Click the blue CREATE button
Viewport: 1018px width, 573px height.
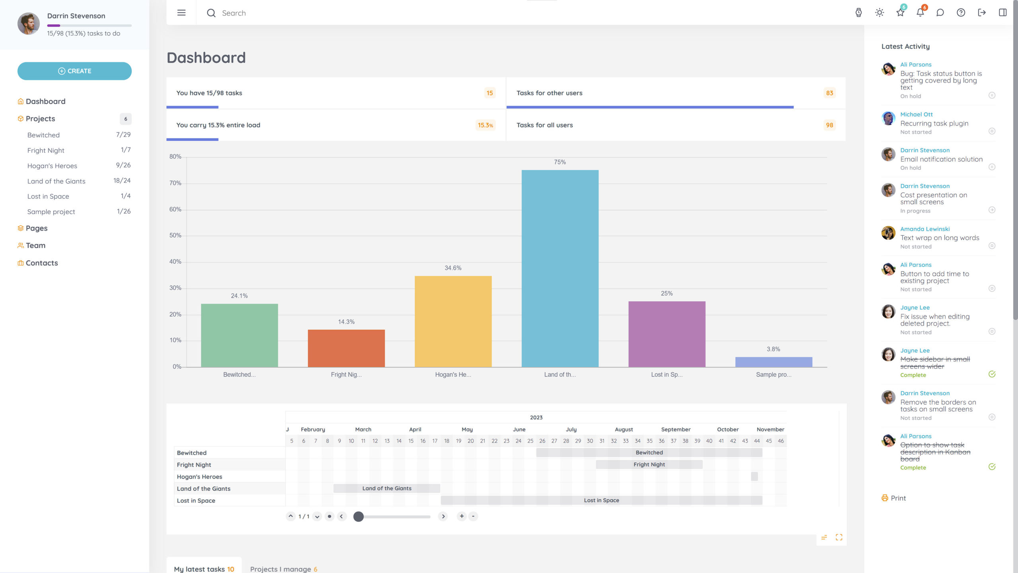74,71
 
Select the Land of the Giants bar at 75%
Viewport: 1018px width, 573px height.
560,269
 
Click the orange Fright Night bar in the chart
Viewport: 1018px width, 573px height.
346,348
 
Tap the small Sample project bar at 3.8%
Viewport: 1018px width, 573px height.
773,362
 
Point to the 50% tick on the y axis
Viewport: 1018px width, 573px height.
175,236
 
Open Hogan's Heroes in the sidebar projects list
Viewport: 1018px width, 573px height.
52,166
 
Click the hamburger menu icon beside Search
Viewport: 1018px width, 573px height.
181,13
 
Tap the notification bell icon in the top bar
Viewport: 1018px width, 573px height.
920,13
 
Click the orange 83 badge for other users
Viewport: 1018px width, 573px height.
829,93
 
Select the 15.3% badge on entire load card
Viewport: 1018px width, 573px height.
485,125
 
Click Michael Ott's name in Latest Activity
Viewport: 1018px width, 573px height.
916,115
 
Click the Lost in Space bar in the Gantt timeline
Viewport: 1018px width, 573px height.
601,500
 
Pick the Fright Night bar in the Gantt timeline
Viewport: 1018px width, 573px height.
649,464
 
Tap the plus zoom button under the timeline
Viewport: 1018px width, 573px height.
462,516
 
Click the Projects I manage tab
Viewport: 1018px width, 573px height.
284,569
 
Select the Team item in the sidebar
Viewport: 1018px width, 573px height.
35,246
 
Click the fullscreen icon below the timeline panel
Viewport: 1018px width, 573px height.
839,537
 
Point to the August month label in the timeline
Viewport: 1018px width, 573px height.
624,429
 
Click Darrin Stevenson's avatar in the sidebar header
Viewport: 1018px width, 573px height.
29,23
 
